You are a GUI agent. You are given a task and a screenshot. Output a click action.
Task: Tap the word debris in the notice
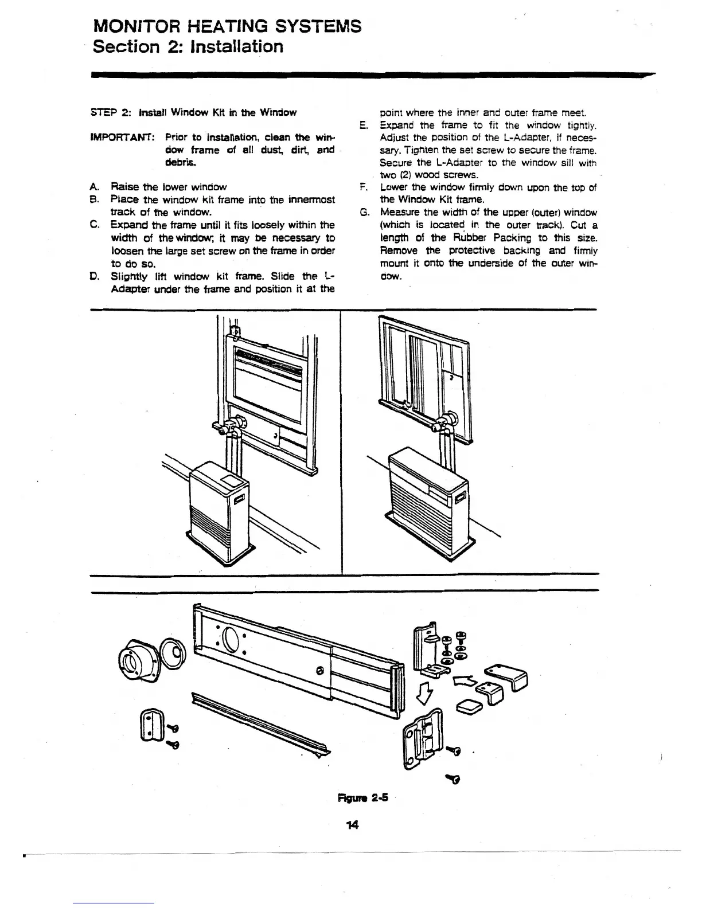point(181,162)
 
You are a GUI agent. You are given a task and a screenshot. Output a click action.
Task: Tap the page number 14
point(352,824)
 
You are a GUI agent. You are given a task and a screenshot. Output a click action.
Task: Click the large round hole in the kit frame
point(232,640)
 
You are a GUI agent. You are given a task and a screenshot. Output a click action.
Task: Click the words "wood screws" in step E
point(448,175)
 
